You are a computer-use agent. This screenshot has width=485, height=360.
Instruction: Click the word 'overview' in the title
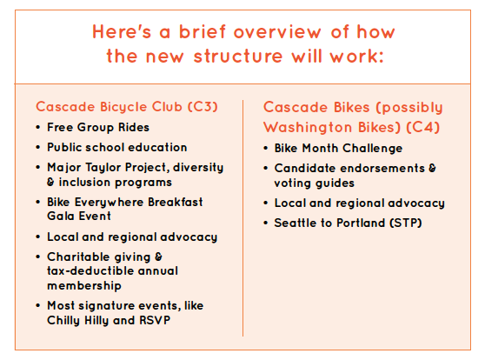click(x=277, y=32)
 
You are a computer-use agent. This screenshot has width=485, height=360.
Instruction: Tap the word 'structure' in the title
click(x=238, y=57)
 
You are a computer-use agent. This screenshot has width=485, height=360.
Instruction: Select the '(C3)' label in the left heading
click(x=203, y=107)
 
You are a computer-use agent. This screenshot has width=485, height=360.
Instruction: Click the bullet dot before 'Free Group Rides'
click(x=38, y=127)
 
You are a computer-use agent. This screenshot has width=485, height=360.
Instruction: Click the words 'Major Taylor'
click(x=85, y=168)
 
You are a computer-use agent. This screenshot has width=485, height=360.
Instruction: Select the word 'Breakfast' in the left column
click(x=175, y=202)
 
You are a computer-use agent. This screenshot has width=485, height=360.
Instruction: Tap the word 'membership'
click(x=83, y=286)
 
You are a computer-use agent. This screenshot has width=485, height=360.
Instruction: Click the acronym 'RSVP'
click(x=155, y=320)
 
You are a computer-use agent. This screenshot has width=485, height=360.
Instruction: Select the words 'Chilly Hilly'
click(x=78, y=321)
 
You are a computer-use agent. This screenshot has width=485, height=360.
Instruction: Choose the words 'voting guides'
click(x=314, y=183)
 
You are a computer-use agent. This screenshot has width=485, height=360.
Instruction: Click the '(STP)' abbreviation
click(x=406, y=223)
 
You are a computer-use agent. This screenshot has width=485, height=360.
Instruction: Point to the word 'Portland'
click(x=361, y=223)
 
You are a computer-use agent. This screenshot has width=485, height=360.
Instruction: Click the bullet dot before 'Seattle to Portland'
click(x=265, y=223)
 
